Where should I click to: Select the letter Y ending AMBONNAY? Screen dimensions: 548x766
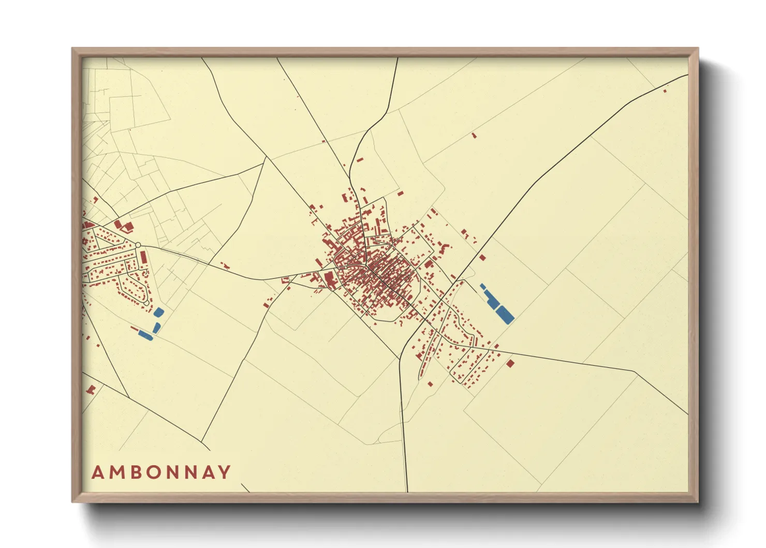(224, 472)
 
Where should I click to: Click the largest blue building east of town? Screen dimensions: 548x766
(505, 315)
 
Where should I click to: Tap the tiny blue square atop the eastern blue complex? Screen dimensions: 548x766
(482, 286)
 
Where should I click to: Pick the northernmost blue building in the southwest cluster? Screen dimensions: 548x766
(159, 312)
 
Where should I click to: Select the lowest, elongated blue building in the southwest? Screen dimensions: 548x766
(145, 335)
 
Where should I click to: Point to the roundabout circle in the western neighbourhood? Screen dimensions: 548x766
(138, 245)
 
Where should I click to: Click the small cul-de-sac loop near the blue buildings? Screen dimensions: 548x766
(146, 302)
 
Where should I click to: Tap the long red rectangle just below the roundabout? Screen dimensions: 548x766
(143, 255)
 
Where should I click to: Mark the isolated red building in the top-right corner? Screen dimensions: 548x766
(666, 91)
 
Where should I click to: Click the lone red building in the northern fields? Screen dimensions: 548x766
(474, 136)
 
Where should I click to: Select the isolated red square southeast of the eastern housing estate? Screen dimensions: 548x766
(510, 364)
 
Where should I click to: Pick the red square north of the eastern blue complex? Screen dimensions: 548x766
(482, 257)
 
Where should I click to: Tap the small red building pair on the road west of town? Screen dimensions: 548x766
(225, 266)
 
